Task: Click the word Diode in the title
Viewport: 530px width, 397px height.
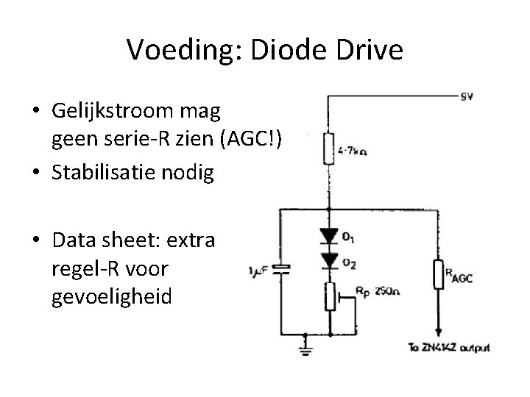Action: coord(288,50)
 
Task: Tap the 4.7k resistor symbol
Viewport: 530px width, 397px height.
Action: coord(328,150)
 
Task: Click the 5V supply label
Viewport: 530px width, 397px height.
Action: coord(466,96)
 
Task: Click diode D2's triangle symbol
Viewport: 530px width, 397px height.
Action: coord(328,257)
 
